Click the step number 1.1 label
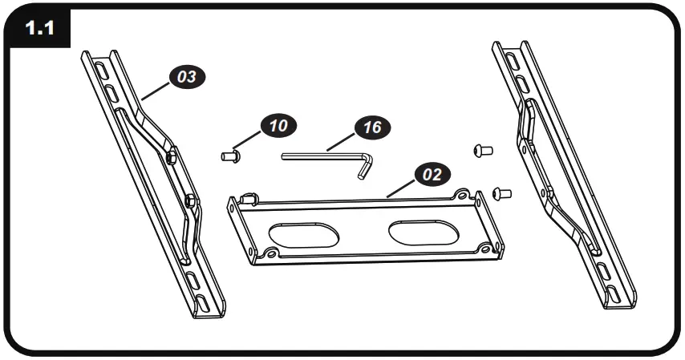40,29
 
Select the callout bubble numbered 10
277,126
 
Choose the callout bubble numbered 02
432,174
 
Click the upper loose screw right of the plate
483,150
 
